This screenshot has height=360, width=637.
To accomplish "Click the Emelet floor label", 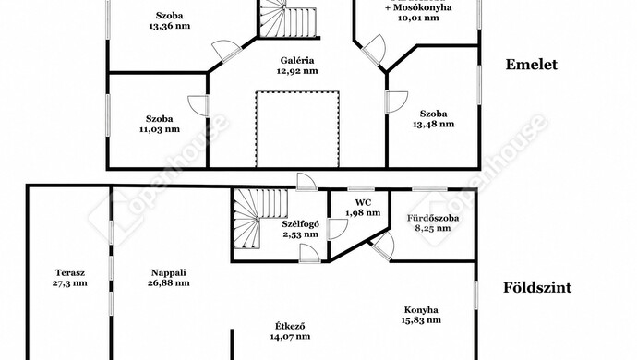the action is [532, 65].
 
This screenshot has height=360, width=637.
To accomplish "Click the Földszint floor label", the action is [537, 288].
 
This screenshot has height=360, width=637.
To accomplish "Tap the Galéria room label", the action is [297, 61].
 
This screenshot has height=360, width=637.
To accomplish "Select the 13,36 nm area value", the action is [170, 26].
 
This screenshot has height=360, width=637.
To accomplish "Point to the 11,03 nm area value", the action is [159, 129].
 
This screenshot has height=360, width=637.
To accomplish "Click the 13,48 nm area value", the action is [434, 125].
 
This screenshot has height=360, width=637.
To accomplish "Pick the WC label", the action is [363, 202].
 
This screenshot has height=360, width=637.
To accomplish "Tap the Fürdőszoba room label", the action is [433, 218].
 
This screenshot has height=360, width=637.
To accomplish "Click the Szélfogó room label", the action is [300, 224].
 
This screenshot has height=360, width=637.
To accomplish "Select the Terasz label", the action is [70, 273].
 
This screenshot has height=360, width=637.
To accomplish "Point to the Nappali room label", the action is [169, 273].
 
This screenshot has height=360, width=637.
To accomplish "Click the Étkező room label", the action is [290, 326].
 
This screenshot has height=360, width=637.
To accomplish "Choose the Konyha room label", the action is [421, 310].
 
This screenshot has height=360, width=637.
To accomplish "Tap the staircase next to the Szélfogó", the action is [260, 219].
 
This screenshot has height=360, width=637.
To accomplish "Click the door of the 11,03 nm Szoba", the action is [199, 106].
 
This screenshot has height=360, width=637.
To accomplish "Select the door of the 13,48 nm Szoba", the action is [396, 102].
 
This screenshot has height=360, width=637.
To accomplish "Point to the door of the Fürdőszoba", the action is [383, 246].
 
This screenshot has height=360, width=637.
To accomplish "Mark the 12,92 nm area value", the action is [297, 71].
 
